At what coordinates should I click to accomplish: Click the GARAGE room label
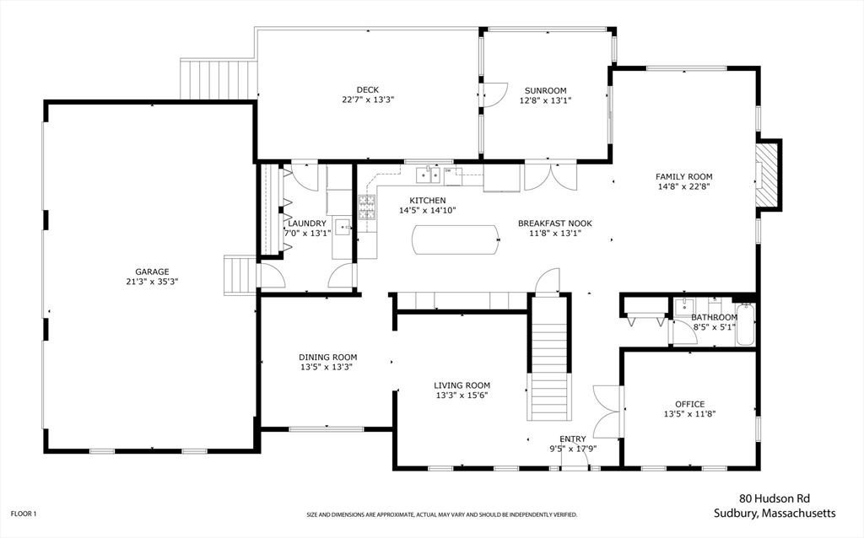click(152, 272)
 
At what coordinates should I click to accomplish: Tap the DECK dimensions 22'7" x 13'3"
click(368, 100)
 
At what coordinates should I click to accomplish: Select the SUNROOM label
click(546, 91)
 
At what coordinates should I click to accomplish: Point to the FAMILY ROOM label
click(683, 177)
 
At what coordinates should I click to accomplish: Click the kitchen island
click(456, 239)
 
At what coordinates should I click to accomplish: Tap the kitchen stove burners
click(367, 207)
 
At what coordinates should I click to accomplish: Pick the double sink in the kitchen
click(428, 175)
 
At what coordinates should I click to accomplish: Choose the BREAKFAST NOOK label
click(555, 223)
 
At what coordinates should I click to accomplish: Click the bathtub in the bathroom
click(746, 325)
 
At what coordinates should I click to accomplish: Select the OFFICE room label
click(690, 404)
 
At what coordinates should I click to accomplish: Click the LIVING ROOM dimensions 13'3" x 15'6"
click(462, 395)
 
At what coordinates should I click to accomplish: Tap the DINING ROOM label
click(328, 358)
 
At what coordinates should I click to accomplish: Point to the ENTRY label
click(573, 438)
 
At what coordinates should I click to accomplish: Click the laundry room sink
click(343, 226)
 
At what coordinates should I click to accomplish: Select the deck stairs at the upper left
click(219, 80)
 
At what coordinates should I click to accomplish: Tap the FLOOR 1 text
click(24, 514)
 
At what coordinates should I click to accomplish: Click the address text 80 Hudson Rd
click(775, 499)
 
